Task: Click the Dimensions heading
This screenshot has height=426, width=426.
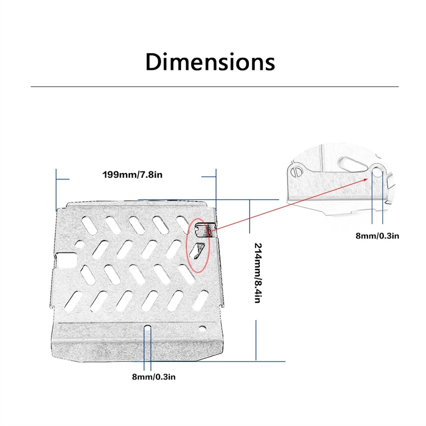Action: click(210, 62)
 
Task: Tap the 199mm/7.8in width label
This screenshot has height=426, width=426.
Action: click(132, 175)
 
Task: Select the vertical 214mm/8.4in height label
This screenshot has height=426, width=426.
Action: click(258, 273)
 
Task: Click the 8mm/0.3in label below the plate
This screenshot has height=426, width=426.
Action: click(154, 377)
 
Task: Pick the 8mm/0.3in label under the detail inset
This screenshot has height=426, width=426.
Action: click(378, 236)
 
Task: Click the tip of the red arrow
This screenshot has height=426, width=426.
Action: click(367, 179)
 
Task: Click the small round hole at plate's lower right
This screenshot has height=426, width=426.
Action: click(202, 329)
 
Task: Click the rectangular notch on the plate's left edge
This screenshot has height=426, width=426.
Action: click(65, 260)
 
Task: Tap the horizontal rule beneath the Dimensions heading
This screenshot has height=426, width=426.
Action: click(215, 87)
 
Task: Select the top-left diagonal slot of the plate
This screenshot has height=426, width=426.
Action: click(89, 225)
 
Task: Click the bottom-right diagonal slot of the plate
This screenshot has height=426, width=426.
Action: click(200, 300)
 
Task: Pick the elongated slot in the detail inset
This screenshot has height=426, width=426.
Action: click(351, 164)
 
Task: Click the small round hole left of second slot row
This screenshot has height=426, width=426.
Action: click(80, 244)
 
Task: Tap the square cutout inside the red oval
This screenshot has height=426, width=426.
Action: click(201, 230)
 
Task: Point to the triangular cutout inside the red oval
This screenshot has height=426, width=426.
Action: click(198, 250)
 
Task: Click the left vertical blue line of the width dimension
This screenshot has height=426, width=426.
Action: click(56, 190)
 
